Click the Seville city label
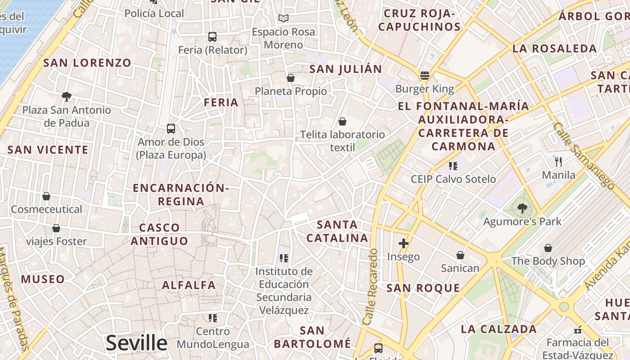pyautogui.click(x=136, y=343)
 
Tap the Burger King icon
pyautogui.click(x=425, y=75)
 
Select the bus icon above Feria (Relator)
pyautogui.click(x=212, y=36)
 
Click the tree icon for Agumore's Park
pyautogui.click(x=522, y=208)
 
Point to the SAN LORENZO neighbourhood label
pyautogui.click(x=87, y=63)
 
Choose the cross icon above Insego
pyautogui.click(x=404, y=243)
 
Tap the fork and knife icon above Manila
pyautogui.click(x=558, y=162)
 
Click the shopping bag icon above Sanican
pyautogui.click(x=460, y=255)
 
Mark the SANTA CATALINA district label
pyautogui.click(x=337, y=231)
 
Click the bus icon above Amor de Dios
pyautogui.click(x=171, y=128)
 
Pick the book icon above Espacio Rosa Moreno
pyautogui.click(x=283, y=18)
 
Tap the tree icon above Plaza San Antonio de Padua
pyautogui.click(x=67, y=96)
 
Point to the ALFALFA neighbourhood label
pyautogui.click(x=189, y=285)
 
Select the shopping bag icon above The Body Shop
pyautogui.click(x=548, y=248)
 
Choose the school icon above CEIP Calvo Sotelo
pyautogui.click(x=453, y=166)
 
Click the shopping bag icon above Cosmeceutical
pyautogui.click(x=46, y=196)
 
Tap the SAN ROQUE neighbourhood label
pyautogui.click(x=423, y=288)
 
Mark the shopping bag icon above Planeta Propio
pyautogui.click(x=291, y=78)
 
